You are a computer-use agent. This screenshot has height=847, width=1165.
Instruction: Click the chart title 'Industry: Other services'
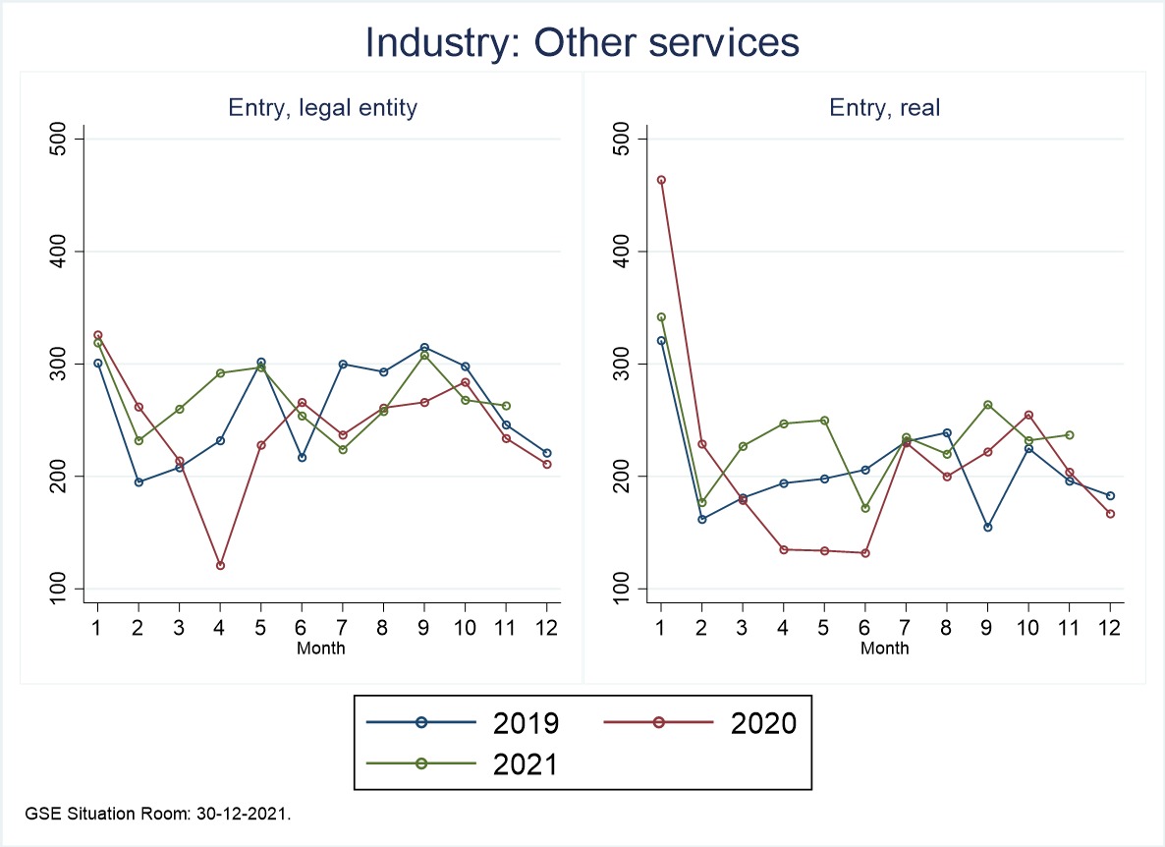click(x=582, y=42)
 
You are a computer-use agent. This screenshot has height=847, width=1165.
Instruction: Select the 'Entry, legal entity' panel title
click(x=322, y=108)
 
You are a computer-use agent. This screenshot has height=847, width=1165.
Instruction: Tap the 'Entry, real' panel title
click(x=884, y=108)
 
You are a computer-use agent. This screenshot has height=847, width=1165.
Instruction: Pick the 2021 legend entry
click(x=462, y=762)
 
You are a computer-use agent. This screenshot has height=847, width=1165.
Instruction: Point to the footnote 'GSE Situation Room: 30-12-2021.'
click(x=158, y=814)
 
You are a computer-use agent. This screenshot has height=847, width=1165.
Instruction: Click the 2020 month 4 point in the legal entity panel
click(x=220, y=565)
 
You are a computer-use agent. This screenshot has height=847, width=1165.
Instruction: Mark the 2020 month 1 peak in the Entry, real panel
click(x=661, y=180)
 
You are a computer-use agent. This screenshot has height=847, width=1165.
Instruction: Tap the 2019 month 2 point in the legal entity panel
click(x=139, y=482)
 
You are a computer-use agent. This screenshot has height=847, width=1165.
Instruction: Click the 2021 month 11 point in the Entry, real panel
click(x=1069, y=434)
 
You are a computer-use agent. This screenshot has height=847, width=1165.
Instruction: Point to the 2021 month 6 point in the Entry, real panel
click(x=864, y=508)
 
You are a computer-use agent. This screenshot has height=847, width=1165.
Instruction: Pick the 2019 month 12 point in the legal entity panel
click(x=546, y=453)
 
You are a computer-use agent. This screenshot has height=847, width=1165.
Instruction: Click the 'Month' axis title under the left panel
click(x=321, y=648)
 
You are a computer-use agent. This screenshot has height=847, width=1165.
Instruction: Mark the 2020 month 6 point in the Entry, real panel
click(x=864, y=553)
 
